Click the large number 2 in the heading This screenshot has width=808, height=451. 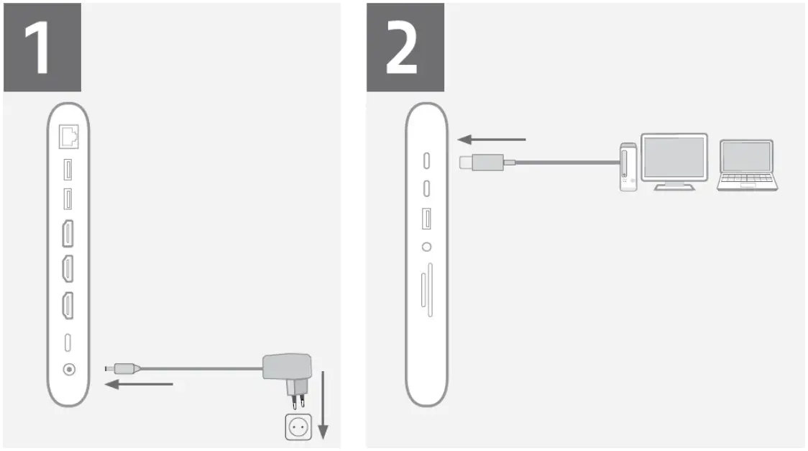coord(404,47)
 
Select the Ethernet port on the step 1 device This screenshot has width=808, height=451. coord(69,135)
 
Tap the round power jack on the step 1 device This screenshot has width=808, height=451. coord(69,369)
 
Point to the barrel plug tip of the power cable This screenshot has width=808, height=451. coord(109,368)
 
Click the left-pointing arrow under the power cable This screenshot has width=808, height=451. coord(139,385)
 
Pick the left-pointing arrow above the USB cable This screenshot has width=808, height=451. coord(492,139)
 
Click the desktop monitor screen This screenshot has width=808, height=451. coord(674,156)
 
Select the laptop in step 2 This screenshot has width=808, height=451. coord(747,165)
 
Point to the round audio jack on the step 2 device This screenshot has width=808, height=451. coord(427,247)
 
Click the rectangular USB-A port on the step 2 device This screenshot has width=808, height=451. coord(427,218)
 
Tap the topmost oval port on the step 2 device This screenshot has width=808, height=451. coord(427,160)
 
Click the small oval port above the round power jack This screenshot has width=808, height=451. coord(69,342)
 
